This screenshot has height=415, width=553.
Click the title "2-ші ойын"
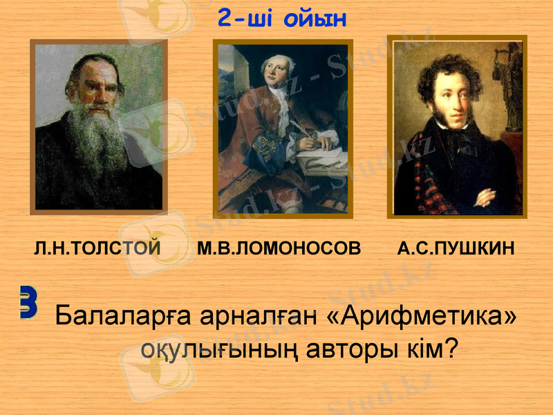pyautogui.click(x=281, y=19)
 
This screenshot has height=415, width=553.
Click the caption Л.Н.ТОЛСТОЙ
pyautogui.click(x=97, y=248)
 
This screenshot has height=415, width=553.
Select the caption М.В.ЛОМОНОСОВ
pyautogui.click(x=279, y=248)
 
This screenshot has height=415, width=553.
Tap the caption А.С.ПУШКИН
pyautogui.click(x=456, y=248)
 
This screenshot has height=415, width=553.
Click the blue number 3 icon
pyautogui.click(x=28, y=302)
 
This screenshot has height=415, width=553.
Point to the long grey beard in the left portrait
pyautogui.click(x=96, y=142)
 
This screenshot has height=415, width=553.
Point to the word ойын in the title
pyautogui.click(x=315, y=19)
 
